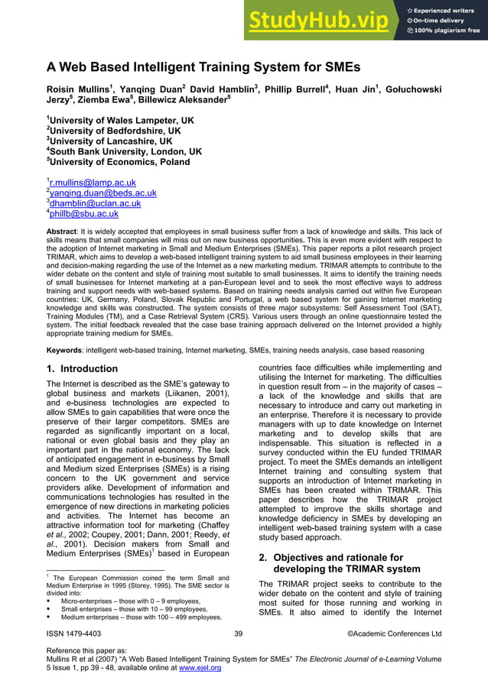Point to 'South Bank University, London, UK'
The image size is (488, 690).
pos(125,151)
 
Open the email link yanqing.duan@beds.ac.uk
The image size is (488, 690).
pos(102,193)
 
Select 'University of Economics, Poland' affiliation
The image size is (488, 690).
pos(117,162)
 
